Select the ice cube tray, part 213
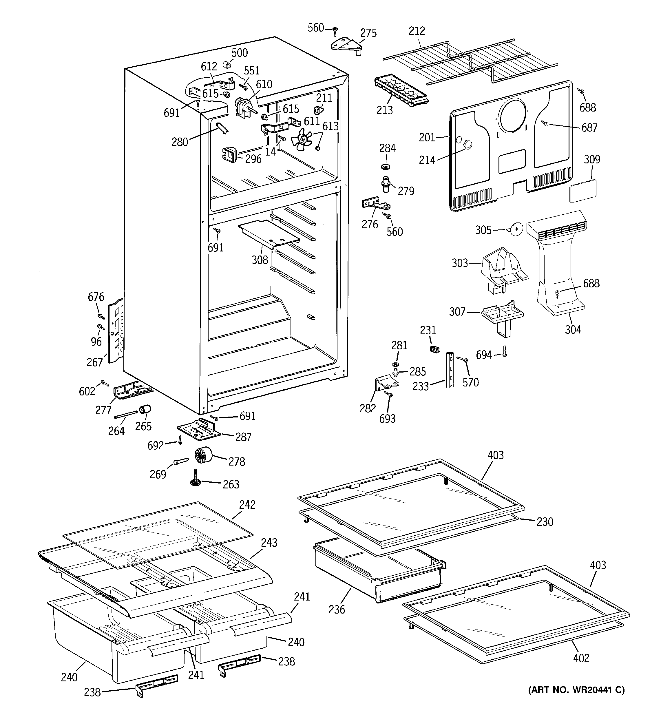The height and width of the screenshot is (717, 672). point(400,91)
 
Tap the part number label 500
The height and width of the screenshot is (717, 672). point(240,53)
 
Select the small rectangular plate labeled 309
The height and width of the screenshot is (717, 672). point(582,191)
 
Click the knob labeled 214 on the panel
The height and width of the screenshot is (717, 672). point(468,144)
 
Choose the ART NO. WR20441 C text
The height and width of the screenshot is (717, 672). point(576,690)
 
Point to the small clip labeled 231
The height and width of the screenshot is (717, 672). point(435,349)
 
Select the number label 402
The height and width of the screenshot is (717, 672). point(581,658)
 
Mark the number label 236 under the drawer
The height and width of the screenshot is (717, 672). point(337,609)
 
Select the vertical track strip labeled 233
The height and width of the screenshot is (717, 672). point(449,370)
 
